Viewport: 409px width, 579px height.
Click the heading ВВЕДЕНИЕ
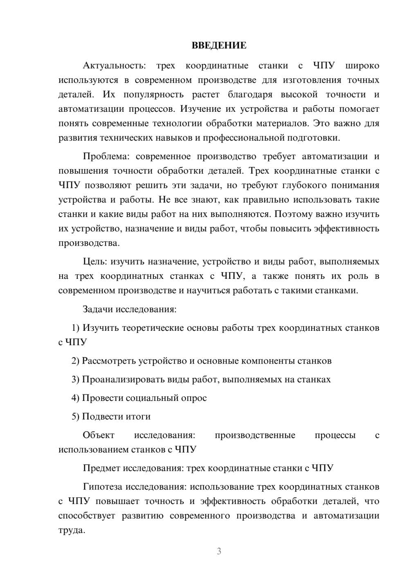pyautogui.click(x=219, y=45)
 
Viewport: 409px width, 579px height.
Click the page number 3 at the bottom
pyautogui.click(x=219, y=551)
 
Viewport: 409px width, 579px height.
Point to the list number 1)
pyautogui.click(x=75, y=328)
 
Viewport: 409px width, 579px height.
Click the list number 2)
pyautogui.click(x=75, y=361)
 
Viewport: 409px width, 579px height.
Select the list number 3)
pyautogui.click(x=75, y=380)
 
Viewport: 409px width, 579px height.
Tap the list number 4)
pyautogui.click(x=75, y=398)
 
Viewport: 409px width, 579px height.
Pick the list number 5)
pyautogui.click(x=75, y=416)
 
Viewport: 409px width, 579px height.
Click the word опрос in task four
pyautogui.click(x=194, y=398)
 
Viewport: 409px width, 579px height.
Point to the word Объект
pyautogui.click(x=99, y=435)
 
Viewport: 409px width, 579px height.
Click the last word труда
pyautogui.click(x=72, y=530)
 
